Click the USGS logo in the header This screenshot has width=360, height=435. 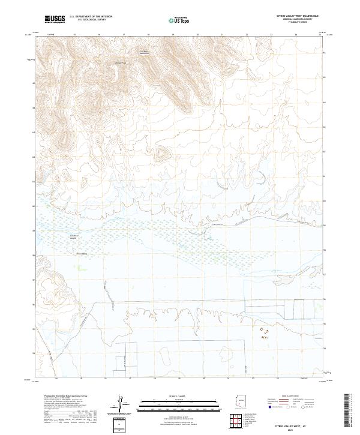click(x=55, y=20)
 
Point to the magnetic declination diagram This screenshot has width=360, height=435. click(x=122, y=405)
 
